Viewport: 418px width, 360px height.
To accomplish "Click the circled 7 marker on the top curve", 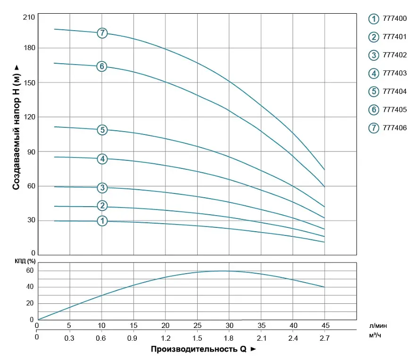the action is pos(102,33).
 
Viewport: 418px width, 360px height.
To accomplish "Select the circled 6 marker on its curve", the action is pos(101,67).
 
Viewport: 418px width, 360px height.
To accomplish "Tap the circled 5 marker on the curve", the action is pos(102,130).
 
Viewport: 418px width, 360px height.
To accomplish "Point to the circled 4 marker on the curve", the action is pos(102,159).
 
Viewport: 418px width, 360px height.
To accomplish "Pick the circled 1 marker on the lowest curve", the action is pos(102,221).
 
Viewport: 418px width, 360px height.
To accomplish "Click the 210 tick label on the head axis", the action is pos(29,17).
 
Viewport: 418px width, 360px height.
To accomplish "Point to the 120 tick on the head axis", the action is pos(29,117).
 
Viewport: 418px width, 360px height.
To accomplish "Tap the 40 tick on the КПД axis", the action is pos(30,287).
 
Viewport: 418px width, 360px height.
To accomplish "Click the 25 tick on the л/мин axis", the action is pos(197,326).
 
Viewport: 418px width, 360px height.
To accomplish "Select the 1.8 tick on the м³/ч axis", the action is pos(228,338).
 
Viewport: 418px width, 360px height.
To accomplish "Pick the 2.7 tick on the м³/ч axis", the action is pos(325,338).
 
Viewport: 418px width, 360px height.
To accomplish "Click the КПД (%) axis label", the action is pos(25,261).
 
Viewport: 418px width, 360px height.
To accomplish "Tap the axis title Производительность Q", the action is pos(199,349).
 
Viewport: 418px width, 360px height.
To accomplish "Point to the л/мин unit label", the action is pos(378,326).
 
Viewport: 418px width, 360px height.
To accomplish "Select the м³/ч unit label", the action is pos(375,335).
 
